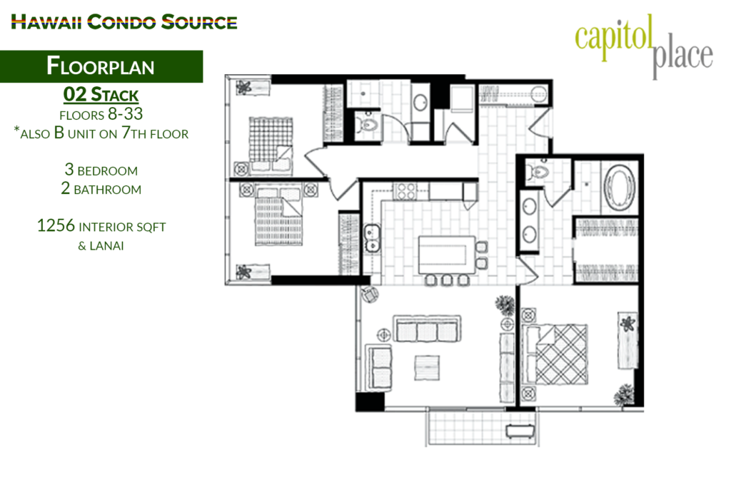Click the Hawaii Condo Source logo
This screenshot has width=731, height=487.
[124, 22]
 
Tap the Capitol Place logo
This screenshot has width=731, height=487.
[644, 46]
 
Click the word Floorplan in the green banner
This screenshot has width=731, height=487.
[101, 66]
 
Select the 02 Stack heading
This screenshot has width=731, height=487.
[101, 95]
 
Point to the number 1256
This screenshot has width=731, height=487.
[56, 226]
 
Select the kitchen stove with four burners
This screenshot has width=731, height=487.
[405, 191]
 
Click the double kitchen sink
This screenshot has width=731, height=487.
[371, 238]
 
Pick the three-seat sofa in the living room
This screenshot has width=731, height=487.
[427, 329]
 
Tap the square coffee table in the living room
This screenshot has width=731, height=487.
[427, 368]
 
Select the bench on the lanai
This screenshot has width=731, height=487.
[520, 431]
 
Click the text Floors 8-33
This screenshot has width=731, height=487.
[101, 114]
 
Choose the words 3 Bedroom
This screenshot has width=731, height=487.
[101, 170]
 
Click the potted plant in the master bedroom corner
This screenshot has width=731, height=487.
[625, 395]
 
